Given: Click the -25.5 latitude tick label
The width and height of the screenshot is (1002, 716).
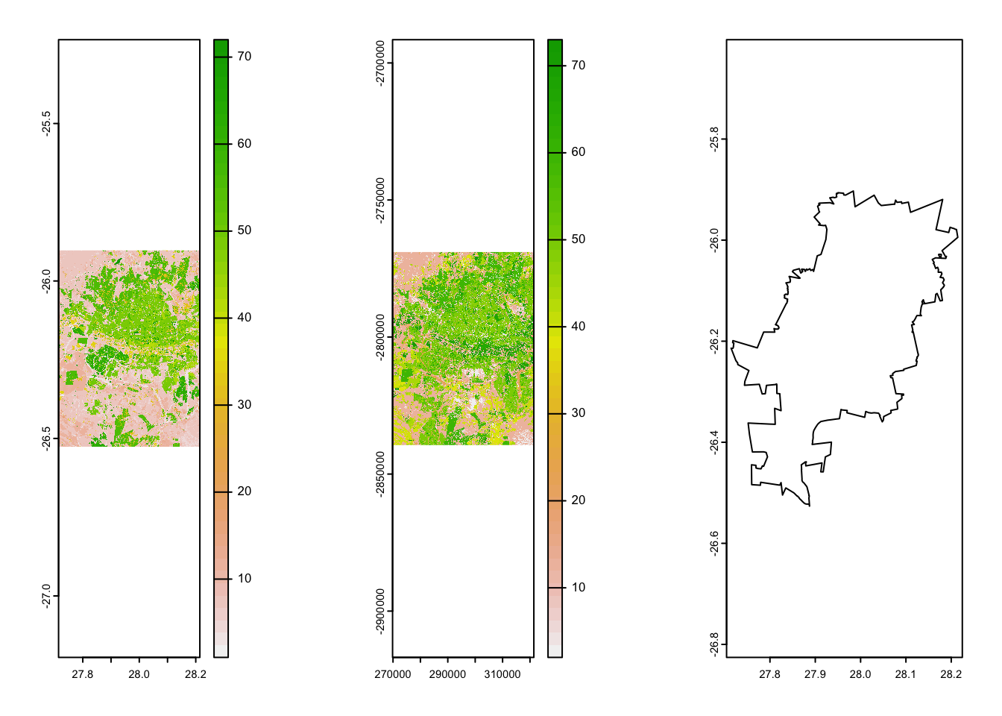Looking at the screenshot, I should [47, 124].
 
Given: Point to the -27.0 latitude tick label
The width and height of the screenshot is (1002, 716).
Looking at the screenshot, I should [47, 596].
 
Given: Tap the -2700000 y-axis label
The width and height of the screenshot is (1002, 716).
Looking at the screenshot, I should [381, 63].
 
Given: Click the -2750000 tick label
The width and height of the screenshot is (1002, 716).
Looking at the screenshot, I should [381, 201].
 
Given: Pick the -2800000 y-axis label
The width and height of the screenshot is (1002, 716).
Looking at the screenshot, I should [381, 337].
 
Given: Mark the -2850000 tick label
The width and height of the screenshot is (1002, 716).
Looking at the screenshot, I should [381, 474].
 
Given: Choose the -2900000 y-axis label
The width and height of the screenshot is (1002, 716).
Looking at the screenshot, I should [381, 612].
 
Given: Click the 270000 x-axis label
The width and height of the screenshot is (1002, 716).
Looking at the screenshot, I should [393, 674].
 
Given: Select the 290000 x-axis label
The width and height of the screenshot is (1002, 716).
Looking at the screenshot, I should [448, 674].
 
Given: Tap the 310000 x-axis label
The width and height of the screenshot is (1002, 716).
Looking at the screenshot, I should [502, 674].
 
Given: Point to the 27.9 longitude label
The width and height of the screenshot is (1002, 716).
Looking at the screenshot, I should [815, 674].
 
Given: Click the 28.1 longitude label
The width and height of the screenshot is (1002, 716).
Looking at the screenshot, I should [906, 674].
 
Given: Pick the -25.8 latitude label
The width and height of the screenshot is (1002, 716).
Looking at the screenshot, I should [715, 139].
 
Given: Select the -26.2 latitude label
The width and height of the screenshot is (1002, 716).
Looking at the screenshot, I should [715, 342].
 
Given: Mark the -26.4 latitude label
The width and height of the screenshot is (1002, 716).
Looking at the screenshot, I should [715, 442].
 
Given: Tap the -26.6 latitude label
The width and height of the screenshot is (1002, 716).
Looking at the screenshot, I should [715, 544].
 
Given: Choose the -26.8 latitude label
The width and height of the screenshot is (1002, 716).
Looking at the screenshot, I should [715, 644].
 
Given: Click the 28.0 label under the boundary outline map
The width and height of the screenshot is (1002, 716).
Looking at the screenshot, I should [860, 674].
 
